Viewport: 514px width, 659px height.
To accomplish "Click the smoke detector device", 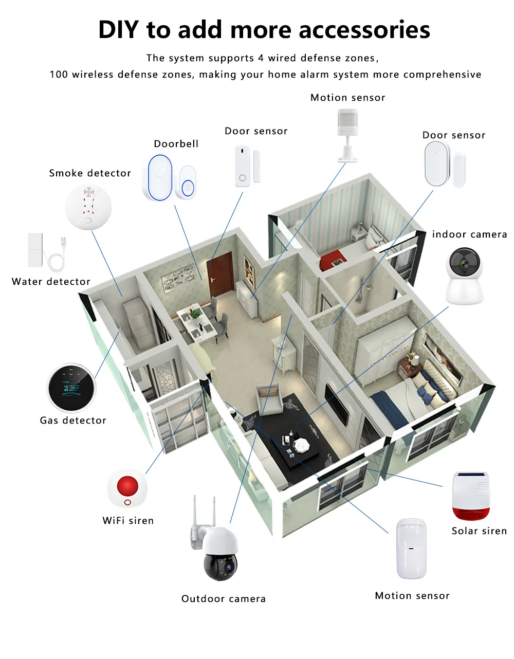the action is click(88, 207).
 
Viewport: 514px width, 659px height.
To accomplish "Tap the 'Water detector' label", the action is click(51, 282).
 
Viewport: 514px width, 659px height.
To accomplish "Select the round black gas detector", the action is click(71, 389).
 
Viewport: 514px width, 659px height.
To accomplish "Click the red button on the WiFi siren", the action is click(127, 485).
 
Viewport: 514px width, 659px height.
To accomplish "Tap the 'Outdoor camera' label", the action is click(224, 599).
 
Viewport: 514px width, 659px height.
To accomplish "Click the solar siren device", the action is click(470, 496).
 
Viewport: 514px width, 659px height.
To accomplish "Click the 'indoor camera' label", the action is click(469, 234).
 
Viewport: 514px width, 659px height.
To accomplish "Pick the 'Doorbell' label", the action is click(176, 144).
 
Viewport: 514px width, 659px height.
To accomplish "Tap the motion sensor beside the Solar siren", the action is click(412, 548).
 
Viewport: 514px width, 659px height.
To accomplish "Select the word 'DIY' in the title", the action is click(118, 30).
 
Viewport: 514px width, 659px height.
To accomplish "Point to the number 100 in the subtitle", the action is click(59, 75).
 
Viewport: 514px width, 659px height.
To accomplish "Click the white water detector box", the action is click(35, 251).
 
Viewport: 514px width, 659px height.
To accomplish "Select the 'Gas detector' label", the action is click(73, 420).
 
